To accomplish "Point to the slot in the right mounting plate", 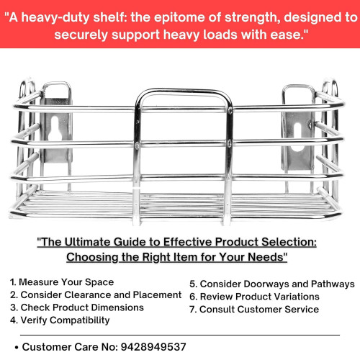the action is point(298,137).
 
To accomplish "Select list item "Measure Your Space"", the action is point(62,282).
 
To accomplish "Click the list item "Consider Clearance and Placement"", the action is point(96,295).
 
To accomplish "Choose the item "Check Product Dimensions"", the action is point(77,307).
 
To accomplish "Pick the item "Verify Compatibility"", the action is point(60,320).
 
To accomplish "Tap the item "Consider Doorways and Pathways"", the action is point(272,284).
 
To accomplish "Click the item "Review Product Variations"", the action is point(254,297).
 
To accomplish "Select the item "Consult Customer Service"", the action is point(254,310).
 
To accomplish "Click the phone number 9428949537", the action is point(153,347).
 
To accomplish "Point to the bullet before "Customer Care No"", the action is point(17,348).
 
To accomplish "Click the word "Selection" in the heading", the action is point(289,242).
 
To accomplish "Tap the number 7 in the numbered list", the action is point(192,310).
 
